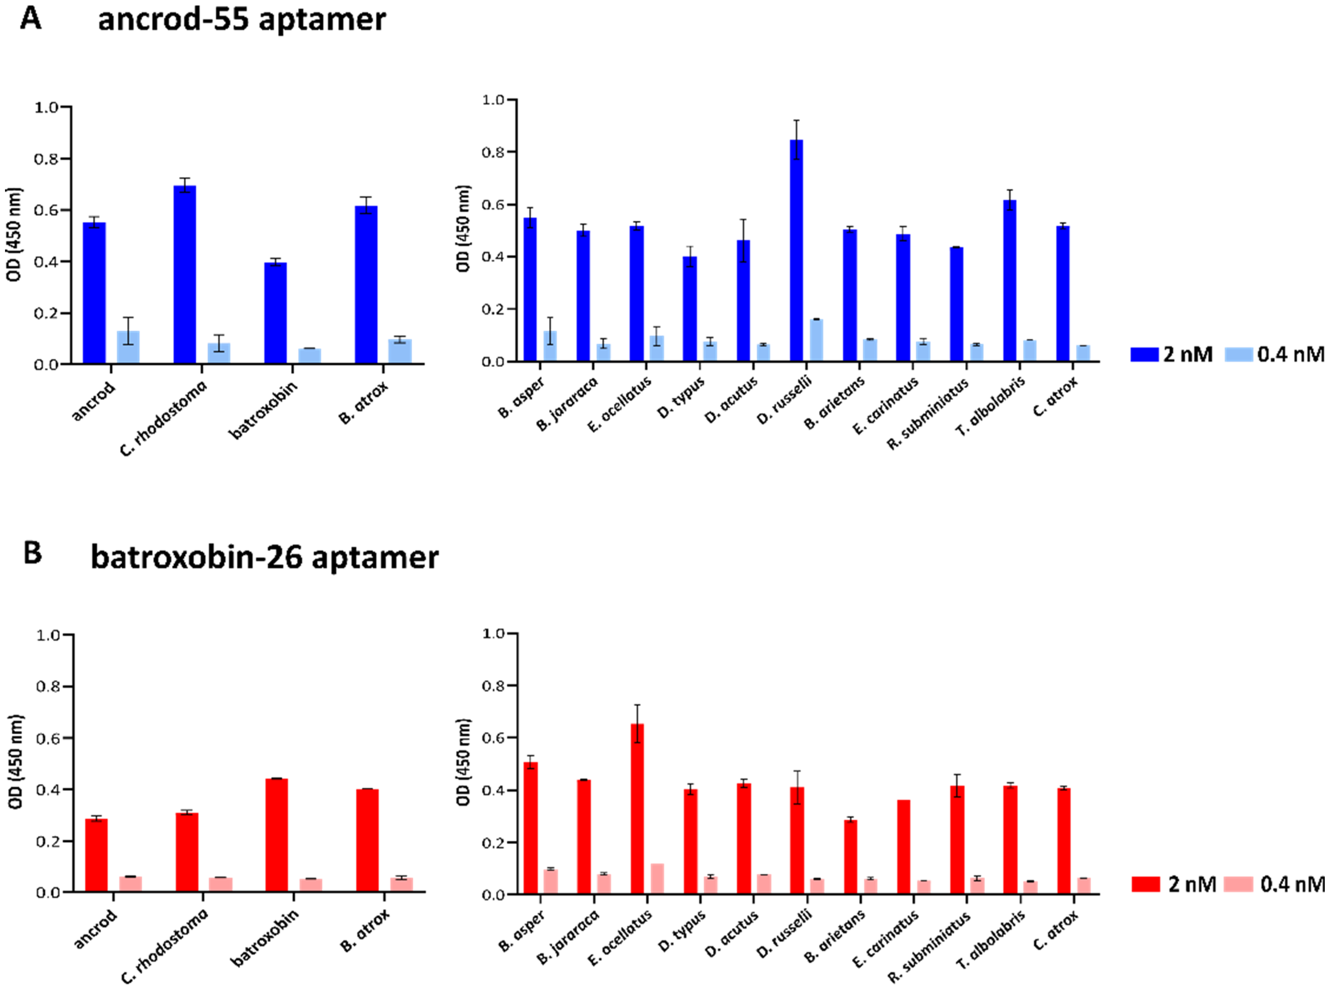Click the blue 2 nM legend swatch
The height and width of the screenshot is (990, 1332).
[x=1144, y=354]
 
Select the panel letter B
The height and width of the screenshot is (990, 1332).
[x=32, y=552]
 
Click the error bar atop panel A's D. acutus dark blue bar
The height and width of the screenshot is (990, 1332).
[x=743, y=240]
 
